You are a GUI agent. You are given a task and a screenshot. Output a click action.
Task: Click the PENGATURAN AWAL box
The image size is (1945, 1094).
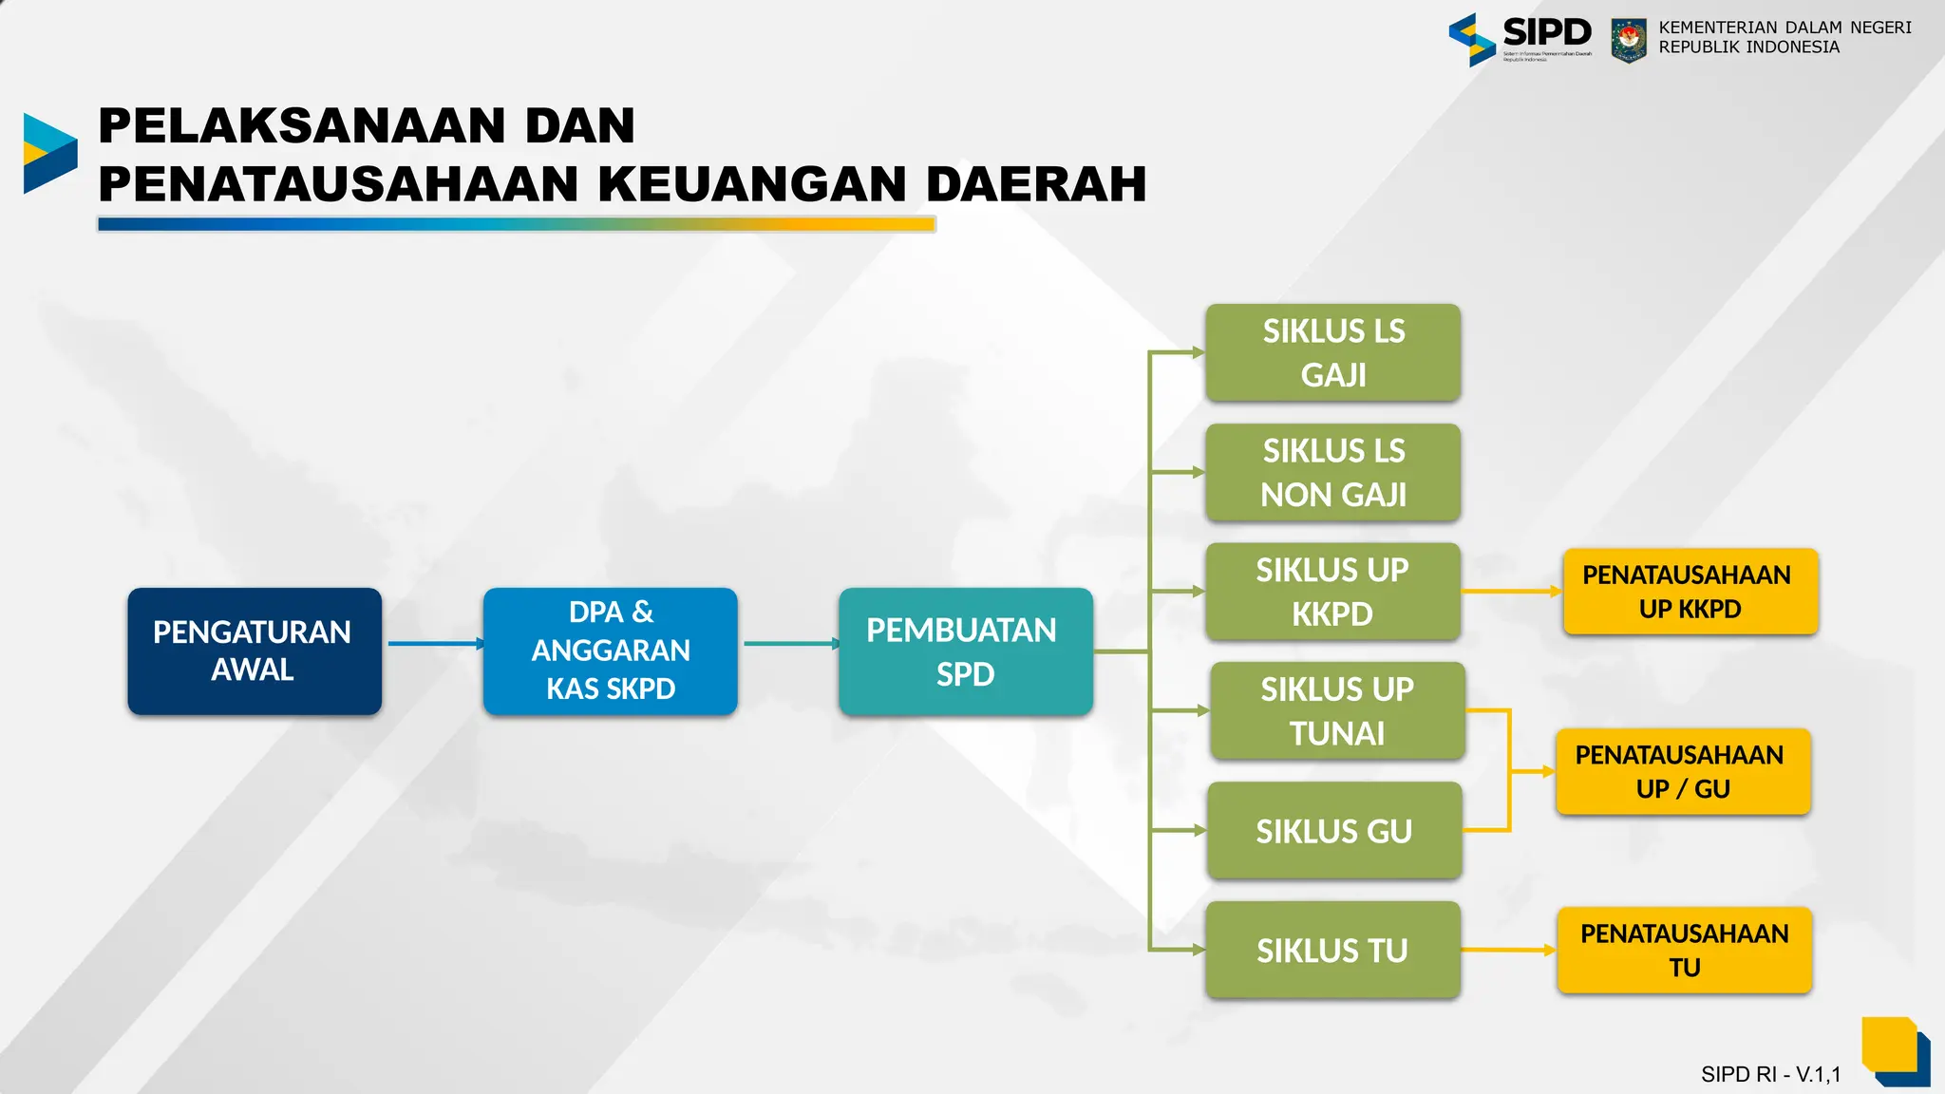255,651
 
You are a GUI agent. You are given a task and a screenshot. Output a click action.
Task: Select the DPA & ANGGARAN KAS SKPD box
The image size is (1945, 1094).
610,651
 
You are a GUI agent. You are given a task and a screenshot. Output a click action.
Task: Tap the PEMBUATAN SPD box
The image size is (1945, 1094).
965,651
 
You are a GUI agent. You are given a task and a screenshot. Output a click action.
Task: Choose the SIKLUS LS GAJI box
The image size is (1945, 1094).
1332,352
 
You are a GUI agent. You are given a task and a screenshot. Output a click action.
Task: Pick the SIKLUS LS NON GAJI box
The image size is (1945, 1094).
1332,472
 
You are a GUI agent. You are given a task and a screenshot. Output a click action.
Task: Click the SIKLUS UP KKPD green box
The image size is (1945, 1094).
1332,592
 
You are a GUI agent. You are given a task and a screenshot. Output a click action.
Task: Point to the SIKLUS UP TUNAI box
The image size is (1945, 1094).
1337,711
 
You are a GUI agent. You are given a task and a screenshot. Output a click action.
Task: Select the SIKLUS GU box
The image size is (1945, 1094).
1333,831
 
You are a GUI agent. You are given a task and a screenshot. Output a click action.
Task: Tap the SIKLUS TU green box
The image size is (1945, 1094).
1332,950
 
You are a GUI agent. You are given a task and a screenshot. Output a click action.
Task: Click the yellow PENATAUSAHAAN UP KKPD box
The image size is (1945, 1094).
1690,592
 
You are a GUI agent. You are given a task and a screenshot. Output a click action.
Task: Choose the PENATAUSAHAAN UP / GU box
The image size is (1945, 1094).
1683,771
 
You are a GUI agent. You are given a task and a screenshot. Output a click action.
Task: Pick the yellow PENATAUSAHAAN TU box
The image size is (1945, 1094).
1685,950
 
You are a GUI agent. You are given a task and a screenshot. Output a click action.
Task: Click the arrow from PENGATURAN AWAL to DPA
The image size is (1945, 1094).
435,644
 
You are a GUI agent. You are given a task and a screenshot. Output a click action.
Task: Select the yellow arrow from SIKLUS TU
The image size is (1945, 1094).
1508,950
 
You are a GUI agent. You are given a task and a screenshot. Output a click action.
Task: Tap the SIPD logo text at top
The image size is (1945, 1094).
1545,33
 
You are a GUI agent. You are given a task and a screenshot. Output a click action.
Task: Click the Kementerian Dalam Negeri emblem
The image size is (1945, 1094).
1629,41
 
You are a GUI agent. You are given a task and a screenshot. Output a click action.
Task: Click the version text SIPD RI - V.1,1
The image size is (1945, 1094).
1770,1074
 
